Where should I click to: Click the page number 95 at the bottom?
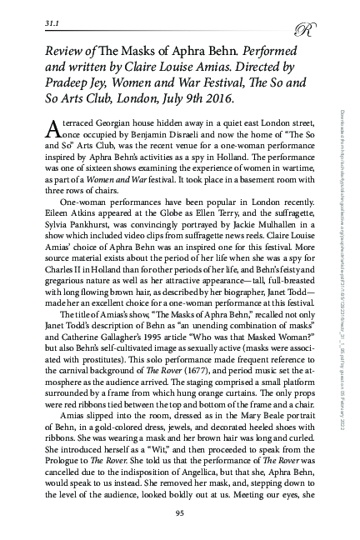pyautogui.click(x=179, y=512)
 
